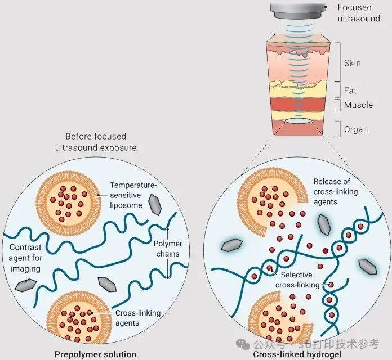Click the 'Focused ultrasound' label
coord(361,12)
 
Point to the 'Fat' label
coord(350,91)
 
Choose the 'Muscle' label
coord(358,105)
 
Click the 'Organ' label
coord(355,129)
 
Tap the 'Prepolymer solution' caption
coord(95,354)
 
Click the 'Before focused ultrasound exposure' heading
coord(96,141)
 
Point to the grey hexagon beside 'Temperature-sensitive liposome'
coord(153,206)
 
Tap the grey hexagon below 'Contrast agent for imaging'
coord(24,286)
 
